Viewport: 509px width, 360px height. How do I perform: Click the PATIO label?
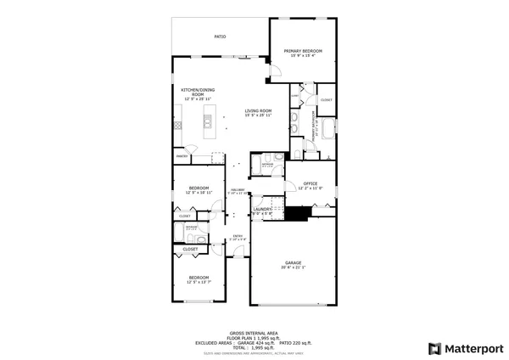click(x=220, y=37)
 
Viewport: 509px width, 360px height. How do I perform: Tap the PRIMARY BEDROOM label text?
click(x=303, y=51)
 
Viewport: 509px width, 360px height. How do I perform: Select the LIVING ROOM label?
click(x=258, y=110)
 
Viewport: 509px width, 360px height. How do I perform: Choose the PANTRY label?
click(x=182, y=156)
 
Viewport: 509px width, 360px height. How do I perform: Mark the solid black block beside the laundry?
click(x=295, y=213)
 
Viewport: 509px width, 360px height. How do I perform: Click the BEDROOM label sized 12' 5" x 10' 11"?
click(x=199, y=188)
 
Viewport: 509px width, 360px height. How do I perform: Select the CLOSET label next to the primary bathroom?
click(x=326, y=100)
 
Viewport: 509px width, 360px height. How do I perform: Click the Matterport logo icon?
click(x=434, y=348)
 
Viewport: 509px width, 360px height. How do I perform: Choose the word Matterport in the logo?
click(x=473, y=348)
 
